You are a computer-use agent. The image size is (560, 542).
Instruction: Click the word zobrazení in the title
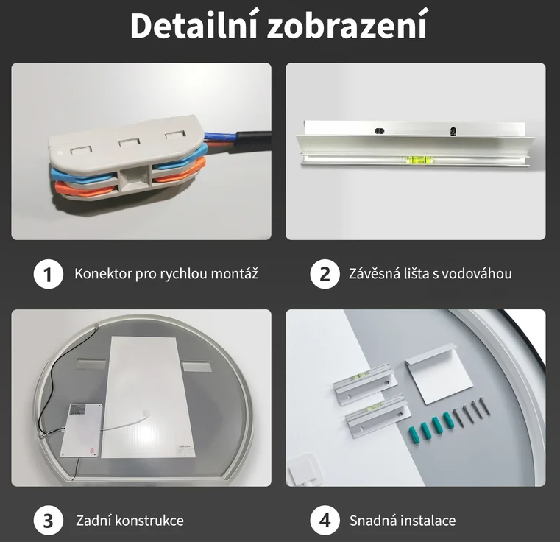[347, 25]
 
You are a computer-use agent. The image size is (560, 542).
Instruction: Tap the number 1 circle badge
[49, 274]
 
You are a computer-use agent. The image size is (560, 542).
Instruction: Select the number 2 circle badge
[325, 274]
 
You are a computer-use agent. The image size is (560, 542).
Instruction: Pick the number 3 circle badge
[49, 521]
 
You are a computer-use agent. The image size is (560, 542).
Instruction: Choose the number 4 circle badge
[325, 521]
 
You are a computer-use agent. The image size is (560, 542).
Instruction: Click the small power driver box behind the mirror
[82, 431]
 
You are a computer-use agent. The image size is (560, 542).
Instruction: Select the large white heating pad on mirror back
[147, 397]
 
